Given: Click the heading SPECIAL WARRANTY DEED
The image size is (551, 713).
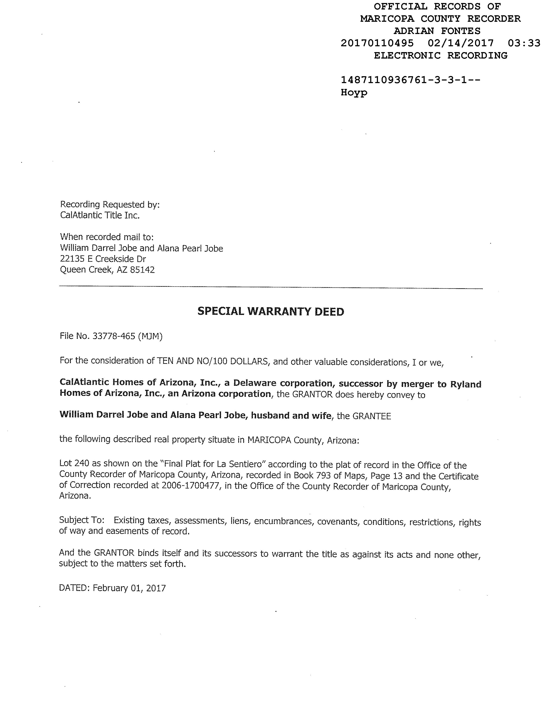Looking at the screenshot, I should [x=271, y=312].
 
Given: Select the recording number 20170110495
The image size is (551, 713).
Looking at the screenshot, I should [x=377, y=43].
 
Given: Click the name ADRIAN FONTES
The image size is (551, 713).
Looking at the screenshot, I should [x=437, y=31].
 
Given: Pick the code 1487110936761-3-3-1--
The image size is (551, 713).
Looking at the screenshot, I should [x=410, y=80].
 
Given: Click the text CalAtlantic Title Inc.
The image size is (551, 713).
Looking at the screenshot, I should [x=100, y=215].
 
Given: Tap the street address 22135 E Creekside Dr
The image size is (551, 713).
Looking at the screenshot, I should [x=103, y=259].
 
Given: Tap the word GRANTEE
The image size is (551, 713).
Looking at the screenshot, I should [x=372, y=417].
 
